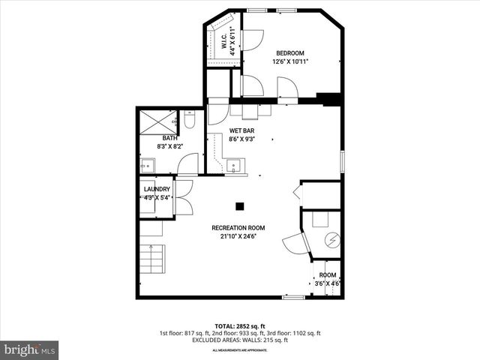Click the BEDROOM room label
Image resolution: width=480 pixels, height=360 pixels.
[289, 52]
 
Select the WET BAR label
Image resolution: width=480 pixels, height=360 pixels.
[242, 130]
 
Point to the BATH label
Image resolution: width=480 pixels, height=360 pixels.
[170, 139]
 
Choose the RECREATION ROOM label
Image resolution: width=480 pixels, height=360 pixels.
[238, 228]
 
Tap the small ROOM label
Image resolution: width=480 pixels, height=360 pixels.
[328, 275]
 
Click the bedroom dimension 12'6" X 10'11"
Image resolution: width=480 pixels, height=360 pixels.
[290, 61]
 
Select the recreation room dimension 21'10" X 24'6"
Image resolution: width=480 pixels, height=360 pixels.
[238, 236]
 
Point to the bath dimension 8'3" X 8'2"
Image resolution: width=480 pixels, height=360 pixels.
[170, 147]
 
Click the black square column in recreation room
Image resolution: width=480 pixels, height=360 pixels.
[240, 206]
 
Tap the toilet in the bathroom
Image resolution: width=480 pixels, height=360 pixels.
[190, 120]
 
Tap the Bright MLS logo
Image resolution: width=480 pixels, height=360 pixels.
[30, 349]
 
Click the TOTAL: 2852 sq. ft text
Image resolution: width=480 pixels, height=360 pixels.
[239, 325]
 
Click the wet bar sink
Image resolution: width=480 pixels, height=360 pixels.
[235, 164]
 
